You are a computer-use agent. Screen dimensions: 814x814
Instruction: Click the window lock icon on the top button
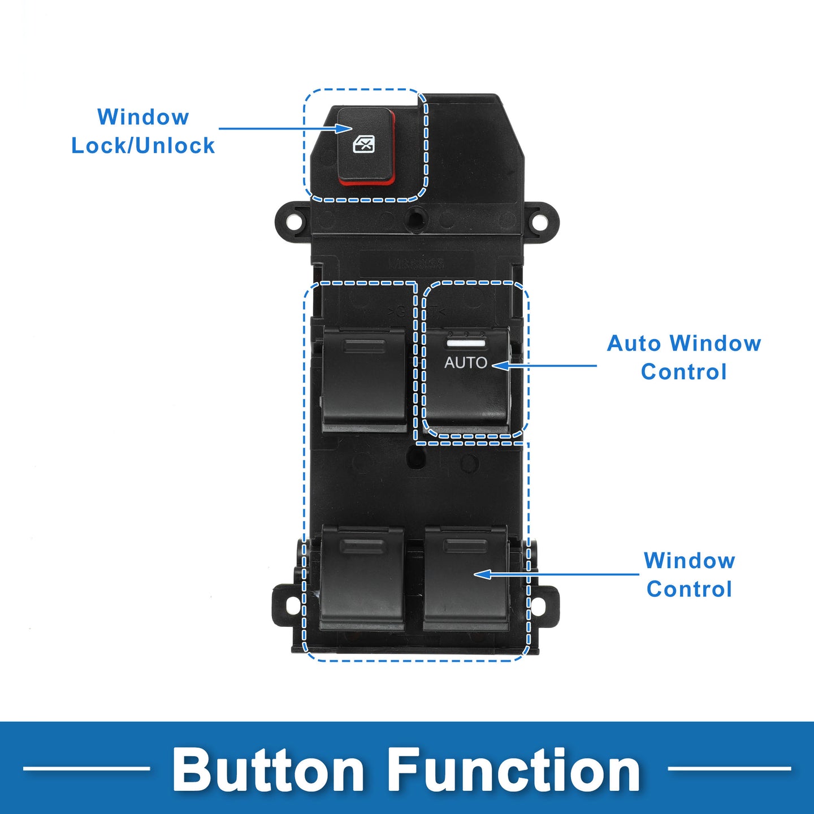pyautogui.click(x=363, y=144)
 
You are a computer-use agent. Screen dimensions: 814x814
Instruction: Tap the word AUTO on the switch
pyautogui.click(x=465, y=362)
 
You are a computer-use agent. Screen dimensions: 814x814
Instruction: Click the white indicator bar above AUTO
pyautogui.click(x=466, y=343)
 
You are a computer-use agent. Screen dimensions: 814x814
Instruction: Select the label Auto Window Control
pyautogui.click(x=683, y=357)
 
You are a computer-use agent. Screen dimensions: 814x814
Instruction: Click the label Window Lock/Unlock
pyautogui.click(x=143, y=131)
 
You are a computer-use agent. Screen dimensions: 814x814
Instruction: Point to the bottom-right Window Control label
pyautogui.click(x=689, y=574)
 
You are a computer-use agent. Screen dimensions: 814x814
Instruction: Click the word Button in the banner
pyautogui.click(x=269, y=770)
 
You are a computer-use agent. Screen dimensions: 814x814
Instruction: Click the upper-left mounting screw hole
pyautogui.click(x=293, y=222)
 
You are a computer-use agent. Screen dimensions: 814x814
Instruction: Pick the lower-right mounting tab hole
pyautogui.click(x=538, y=607)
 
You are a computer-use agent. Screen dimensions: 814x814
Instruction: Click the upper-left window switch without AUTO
pyautogui.click(x=364, y=379)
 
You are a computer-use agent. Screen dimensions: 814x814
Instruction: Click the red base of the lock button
pyautogui.click(x=366, y=181)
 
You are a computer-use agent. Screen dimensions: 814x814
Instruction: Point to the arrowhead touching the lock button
pyautogui.click(x=345, y=128)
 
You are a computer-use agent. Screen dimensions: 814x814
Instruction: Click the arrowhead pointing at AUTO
pyautogui.click(x=498, y=366)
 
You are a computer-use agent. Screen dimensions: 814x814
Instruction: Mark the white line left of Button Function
pyautogui.click(x=86, y=768)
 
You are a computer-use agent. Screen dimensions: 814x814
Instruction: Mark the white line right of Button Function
pyautogui.click(x=729, y=768)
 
